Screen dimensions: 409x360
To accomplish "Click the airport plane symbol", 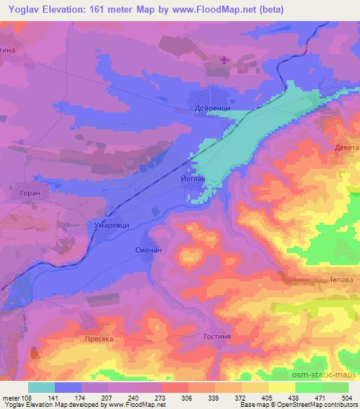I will [224, 60].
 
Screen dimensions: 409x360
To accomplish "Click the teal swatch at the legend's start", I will [41, 387].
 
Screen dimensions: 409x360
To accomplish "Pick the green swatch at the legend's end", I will [335, 387].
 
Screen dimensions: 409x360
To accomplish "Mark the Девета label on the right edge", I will [346, 149].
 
